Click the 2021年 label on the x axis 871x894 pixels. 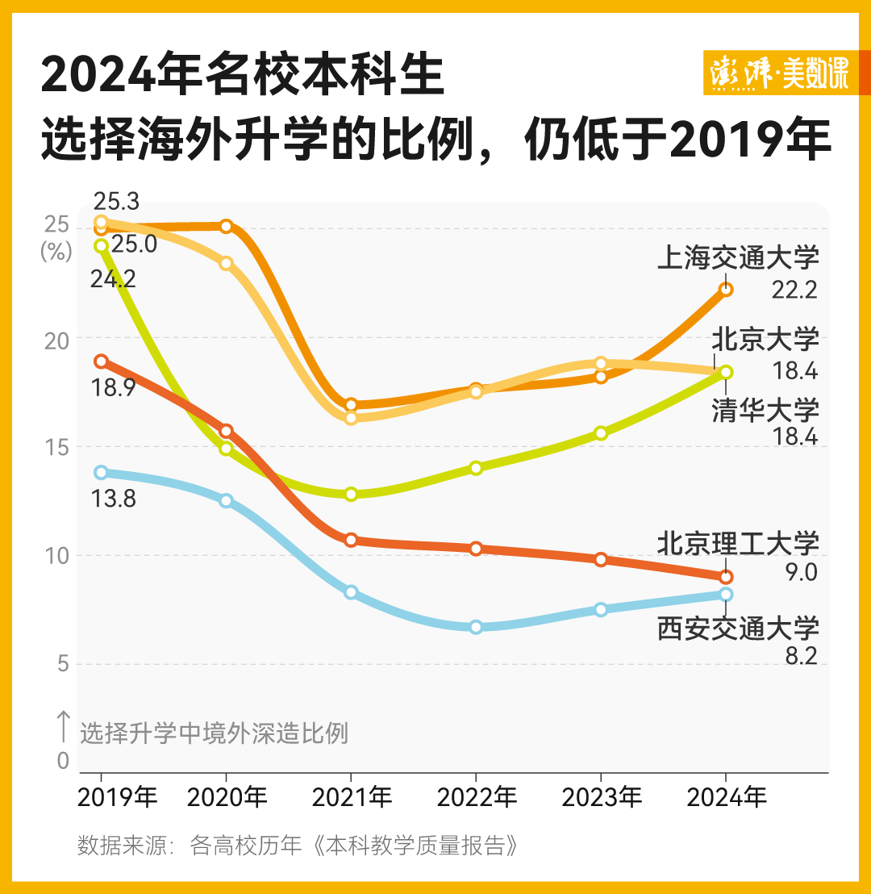coord(352,798)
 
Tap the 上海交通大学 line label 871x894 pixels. coord(738,258)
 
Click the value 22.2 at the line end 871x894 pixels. coord(794,290)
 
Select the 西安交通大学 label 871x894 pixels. coord(738,628)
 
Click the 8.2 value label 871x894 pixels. coord(801,655)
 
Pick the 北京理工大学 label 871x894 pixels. coord(738,543)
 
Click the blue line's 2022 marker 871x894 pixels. coord(476,627)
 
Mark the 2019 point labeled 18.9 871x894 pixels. coord(101,361)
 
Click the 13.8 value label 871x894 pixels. coord(115,499)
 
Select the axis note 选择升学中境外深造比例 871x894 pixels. coord(214,733)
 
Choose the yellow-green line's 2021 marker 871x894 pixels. coord(351,494)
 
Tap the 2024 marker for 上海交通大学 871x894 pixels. coord(726,289)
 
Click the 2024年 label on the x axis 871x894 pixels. coord(726,798)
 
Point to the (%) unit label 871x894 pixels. coord(56,250)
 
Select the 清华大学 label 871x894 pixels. coord(765,410)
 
